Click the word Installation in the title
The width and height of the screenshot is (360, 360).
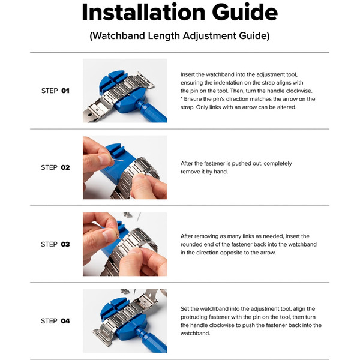(x=143, y=12)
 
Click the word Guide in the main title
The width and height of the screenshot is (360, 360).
(x=245, y=12)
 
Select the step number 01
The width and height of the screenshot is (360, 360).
(x=65, y=91)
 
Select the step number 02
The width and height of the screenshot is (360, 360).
(x=65, y=167)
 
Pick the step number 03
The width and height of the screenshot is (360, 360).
(x=65, y=244)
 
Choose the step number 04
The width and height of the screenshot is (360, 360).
(x=65, y=321)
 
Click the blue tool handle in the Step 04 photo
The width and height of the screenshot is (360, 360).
(x=152, y=341)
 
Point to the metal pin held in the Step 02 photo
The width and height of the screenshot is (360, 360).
(x=118, y=159)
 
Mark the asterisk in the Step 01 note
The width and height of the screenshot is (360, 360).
(x=182, y=98)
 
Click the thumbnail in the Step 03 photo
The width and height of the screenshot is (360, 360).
(x=109, y=235)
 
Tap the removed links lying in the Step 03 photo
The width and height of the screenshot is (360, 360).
(x=127, y=215)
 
